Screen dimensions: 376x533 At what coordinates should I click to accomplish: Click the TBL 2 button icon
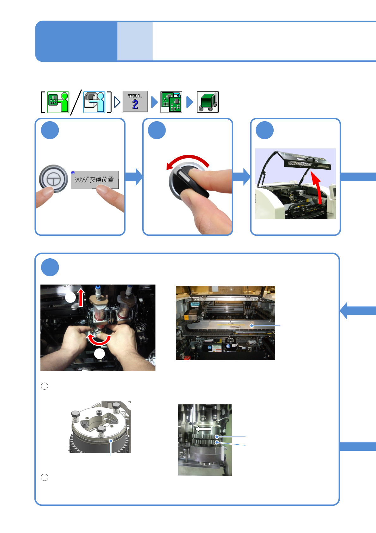click(135, 102)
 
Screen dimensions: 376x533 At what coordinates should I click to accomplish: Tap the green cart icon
click(208, 102)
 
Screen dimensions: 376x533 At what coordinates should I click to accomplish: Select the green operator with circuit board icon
click(58, 102)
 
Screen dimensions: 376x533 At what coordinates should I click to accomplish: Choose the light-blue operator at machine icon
click(94, 102)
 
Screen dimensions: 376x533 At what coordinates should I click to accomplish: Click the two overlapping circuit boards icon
click(171, 102)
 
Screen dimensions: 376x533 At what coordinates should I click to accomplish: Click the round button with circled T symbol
click(53, 179)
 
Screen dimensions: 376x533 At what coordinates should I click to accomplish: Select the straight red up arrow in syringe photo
click(81, 298)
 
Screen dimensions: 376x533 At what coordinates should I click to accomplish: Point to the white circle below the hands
click(100, 354)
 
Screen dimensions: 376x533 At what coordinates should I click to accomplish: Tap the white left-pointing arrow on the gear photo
click(203, 429)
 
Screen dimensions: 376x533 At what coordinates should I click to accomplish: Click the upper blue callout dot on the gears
click(217, 437)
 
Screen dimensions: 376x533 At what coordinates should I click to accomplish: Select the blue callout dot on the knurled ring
click(111, 441)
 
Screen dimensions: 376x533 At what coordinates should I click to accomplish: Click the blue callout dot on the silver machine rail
click(252, 325)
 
